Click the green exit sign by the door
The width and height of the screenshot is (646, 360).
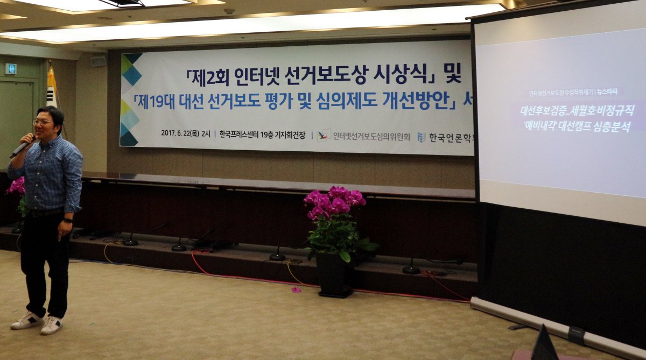click(x=10, y=68)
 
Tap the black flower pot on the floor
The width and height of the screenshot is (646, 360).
click(x=334, y=274)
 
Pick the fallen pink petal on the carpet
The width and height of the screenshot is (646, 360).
click(x=296, y=290)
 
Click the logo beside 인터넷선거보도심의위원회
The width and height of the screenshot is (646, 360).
click(x=324, y=135)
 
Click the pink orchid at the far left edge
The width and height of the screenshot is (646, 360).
click(x=17, y=186)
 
